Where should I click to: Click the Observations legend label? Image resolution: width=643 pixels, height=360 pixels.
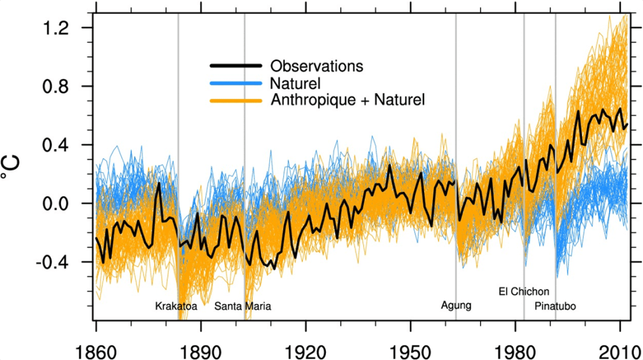[316, 66]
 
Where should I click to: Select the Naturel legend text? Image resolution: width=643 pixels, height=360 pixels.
[295, 83]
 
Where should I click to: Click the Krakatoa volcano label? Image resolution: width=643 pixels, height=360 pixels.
[176, 307]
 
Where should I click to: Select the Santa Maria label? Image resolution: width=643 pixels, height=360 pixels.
[243, 307]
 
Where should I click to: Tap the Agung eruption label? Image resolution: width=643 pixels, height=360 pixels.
[456, 306]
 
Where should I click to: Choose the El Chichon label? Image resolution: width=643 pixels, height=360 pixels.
[523, 291]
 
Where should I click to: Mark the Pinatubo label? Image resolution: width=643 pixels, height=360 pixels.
[555, 307]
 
